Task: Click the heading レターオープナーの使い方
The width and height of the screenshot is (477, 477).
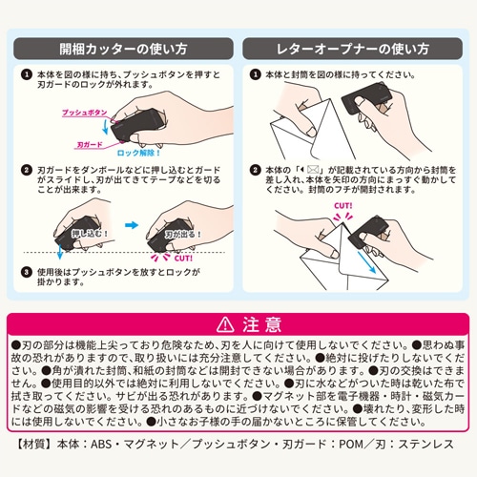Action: click(354, 45)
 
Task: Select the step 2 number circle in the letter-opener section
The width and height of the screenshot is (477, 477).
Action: click(255, 171)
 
